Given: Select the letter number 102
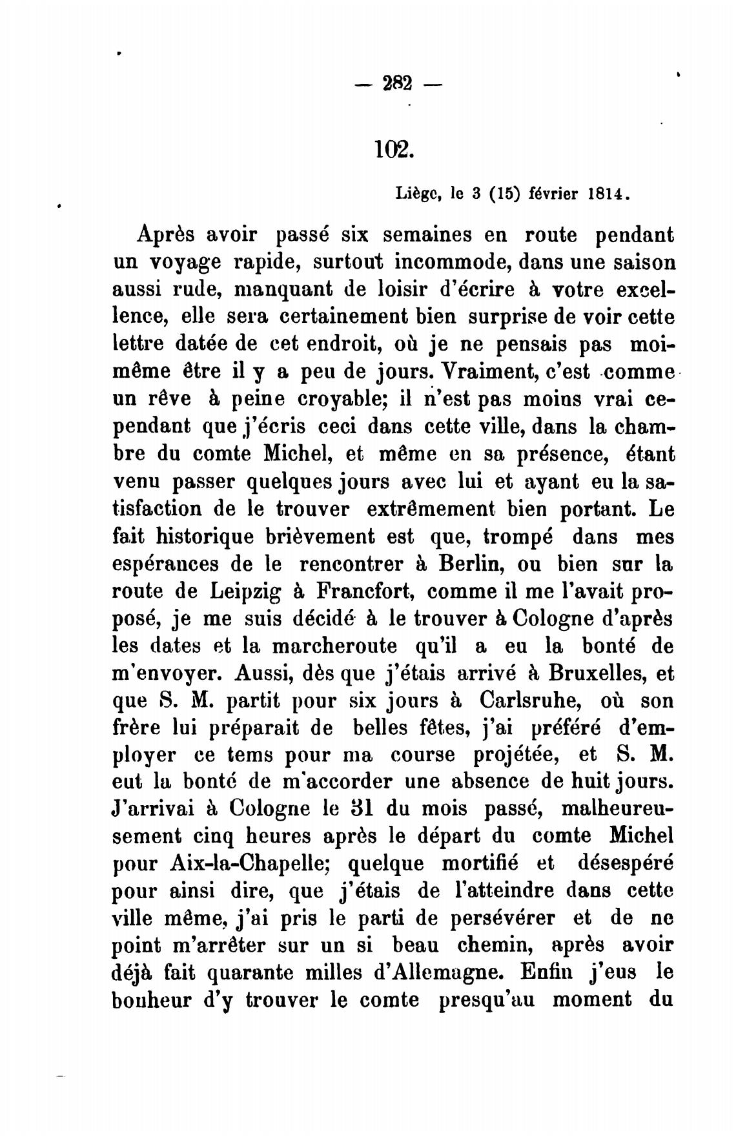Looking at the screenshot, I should pyautogui.click(x=392, y=150).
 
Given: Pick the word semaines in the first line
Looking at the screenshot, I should pyautogui.click(x=439, y=235).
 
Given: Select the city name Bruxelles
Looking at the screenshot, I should pyautogui.click(x=598, y=673).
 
